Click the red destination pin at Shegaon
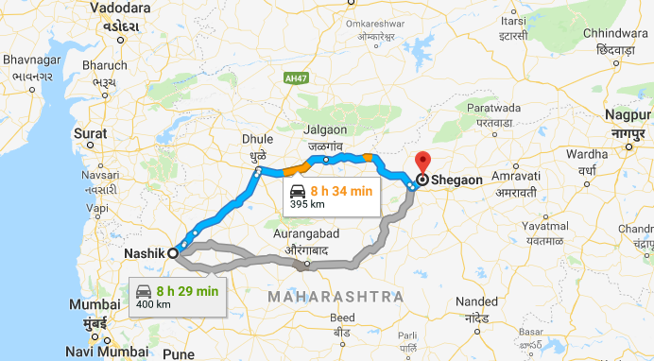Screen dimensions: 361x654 click(x=422, y=162)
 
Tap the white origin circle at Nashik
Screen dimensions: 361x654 click(x=173, y=253)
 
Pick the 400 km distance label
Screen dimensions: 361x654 click(x=154, y=305)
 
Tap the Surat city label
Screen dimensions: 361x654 click(x=91, y=134)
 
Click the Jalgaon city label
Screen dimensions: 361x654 click(x=325, y=129)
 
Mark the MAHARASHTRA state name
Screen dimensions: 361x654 click(x=336, y=297)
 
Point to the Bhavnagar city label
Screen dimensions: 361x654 click(x=31, y=60)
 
